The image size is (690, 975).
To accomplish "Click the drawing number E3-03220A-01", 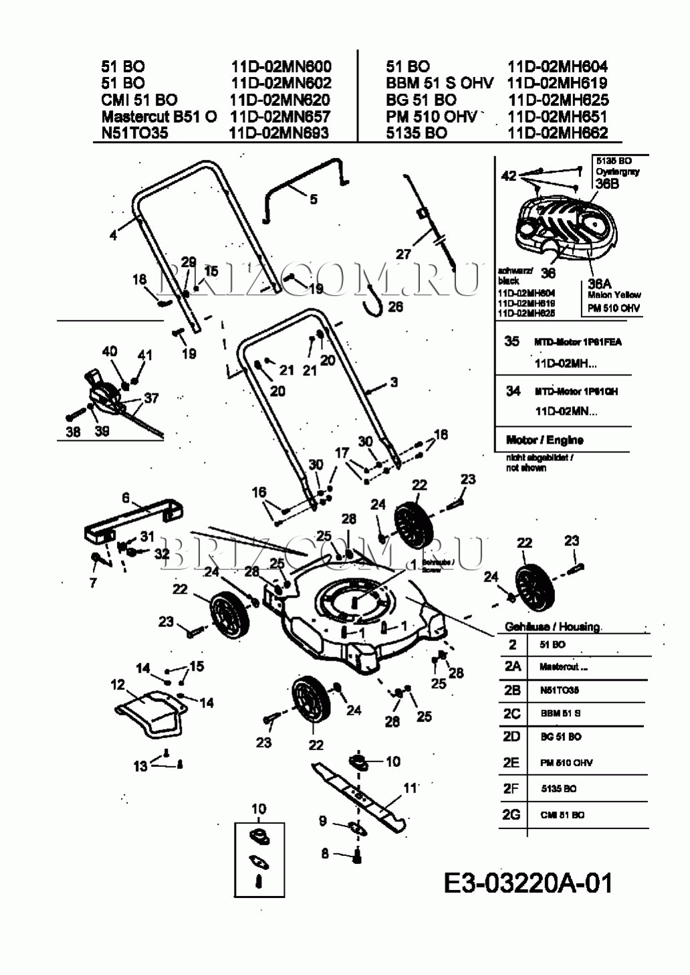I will [528, 883].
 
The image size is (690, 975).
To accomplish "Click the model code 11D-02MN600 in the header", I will [281, 66].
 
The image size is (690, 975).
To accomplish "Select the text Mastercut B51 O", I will [159, 116].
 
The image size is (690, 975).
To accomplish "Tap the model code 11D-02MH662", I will [558, 132].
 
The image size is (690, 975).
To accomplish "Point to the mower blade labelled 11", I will [361, 796].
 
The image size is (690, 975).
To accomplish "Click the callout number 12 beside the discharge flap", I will [118, 685].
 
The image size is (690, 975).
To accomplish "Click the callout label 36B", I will [606, 183].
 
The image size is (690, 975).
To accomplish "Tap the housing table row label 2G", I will [511, 814].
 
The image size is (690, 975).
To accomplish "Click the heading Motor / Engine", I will [544, 440].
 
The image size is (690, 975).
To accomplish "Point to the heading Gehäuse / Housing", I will [552, 626].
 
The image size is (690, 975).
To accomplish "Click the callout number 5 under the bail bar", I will [314, 199].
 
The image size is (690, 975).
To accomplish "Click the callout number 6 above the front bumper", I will [125, 498].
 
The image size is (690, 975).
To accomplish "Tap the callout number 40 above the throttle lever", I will [110, 351].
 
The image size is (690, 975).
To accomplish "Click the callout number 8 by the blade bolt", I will [325, 853].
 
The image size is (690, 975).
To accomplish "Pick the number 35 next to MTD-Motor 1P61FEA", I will [511, 341].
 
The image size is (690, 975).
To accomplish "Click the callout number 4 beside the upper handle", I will [114, 235].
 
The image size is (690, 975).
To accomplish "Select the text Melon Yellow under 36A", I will [614, 294].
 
